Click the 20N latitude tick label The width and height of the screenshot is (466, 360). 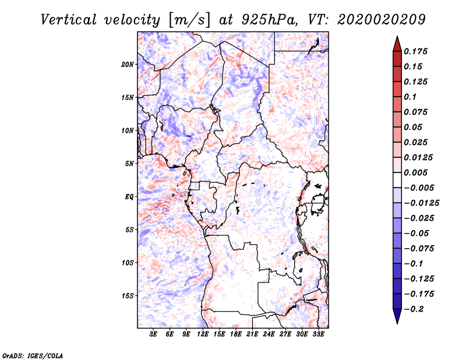coord(128,65)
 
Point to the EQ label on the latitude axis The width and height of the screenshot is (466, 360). coord(129,197)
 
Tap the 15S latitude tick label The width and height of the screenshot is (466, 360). coord(128,296)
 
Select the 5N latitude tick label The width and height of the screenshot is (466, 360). coord(129,164)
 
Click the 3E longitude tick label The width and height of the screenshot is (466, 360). coord(153,334)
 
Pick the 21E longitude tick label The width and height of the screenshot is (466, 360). coord(252,334)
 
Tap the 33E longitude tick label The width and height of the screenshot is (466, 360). coord(318,334)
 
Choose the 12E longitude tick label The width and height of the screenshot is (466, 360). coord(202,334)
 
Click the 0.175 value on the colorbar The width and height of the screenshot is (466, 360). coord(415,51)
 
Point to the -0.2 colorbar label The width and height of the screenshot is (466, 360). coord(414,309)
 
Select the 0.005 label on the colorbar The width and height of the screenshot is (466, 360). coord(415,172)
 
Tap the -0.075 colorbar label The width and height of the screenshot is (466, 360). coord(419,249)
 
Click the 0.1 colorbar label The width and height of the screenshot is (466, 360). coord(410,97)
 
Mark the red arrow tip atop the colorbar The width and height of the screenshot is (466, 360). coord(397,36)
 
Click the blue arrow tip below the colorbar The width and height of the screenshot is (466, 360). coord(397,323)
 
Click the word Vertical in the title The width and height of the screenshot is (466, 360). coord(69,20)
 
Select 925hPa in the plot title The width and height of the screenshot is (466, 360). coord(269,20)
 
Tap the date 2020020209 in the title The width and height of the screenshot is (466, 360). coord(382,20)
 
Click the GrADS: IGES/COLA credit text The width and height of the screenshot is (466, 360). coord(33,355)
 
